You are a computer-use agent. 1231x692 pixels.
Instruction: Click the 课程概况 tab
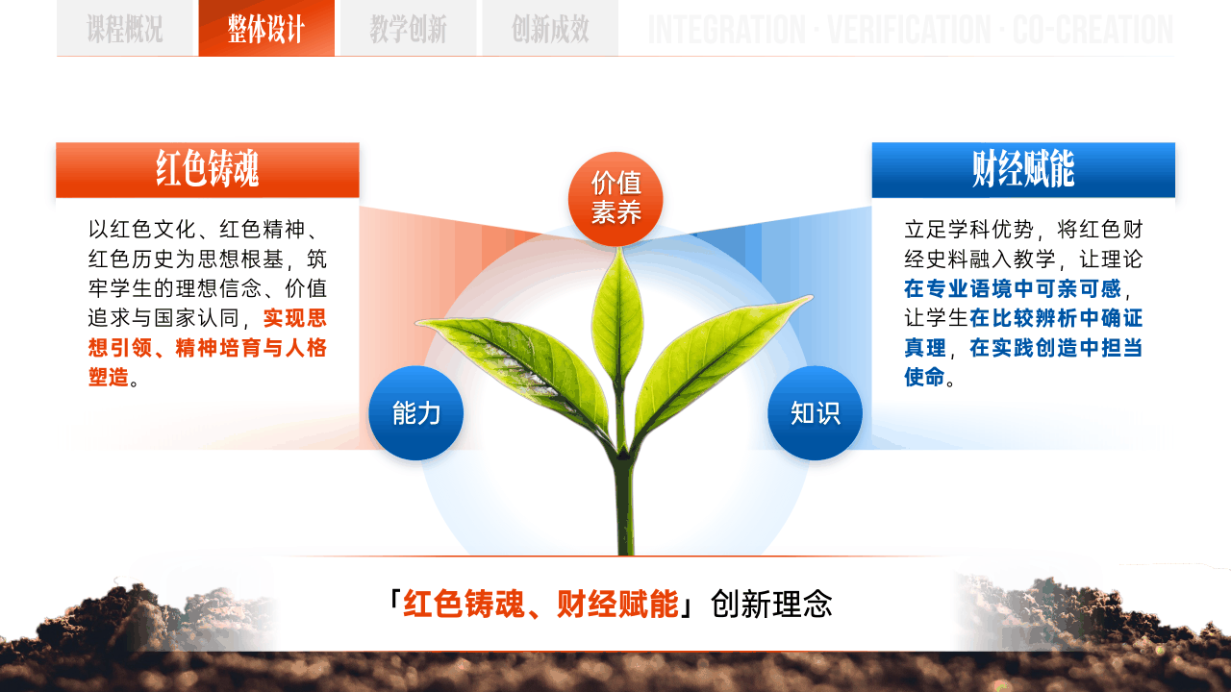click(x=127, y=28)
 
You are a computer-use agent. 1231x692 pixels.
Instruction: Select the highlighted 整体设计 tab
click(x=266, y=28)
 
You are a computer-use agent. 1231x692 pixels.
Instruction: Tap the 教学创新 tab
click(x=408, y=28)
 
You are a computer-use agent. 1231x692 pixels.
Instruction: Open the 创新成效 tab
click(x=550, y=28)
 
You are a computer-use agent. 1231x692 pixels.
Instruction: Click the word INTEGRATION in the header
click(x=726, y=30)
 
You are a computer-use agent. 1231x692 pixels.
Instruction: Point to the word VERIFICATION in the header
click(x=910, y=30)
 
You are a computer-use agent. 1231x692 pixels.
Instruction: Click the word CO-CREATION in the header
click(x=1093, y=30)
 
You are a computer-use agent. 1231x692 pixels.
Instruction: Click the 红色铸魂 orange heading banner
click(x=208, y=170)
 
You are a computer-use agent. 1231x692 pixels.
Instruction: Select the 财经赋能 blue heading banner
click(x=1023, y=170)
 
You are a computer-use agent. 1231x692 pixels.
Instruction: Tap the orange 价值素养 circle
click(x=615, y=199)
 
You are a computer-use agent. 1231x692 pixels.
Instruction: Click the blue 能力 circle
click(x=416, y=413)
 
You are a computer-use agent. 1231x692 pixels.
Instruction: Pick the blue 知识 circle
click(x=815, y=413)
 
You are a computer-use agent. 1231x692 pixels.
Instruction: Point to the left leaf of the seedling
click(x=516, y=368)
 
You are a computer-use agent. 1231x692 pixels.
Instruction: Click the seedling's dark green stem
click(x=624, y=494)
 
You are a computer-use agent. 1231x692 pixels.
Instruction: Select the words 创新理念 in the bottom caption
click(x=771, y=605)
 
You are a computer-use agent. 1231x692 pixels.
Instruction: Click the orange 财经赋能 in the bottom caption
click(x=617, y=605)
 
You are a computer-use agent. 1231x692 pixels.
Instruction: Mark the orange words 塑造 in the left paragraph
click(x=109, y=378)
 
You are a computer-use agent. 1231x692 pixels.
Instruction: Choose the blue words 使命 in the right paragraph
click(x=925, y=378)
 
